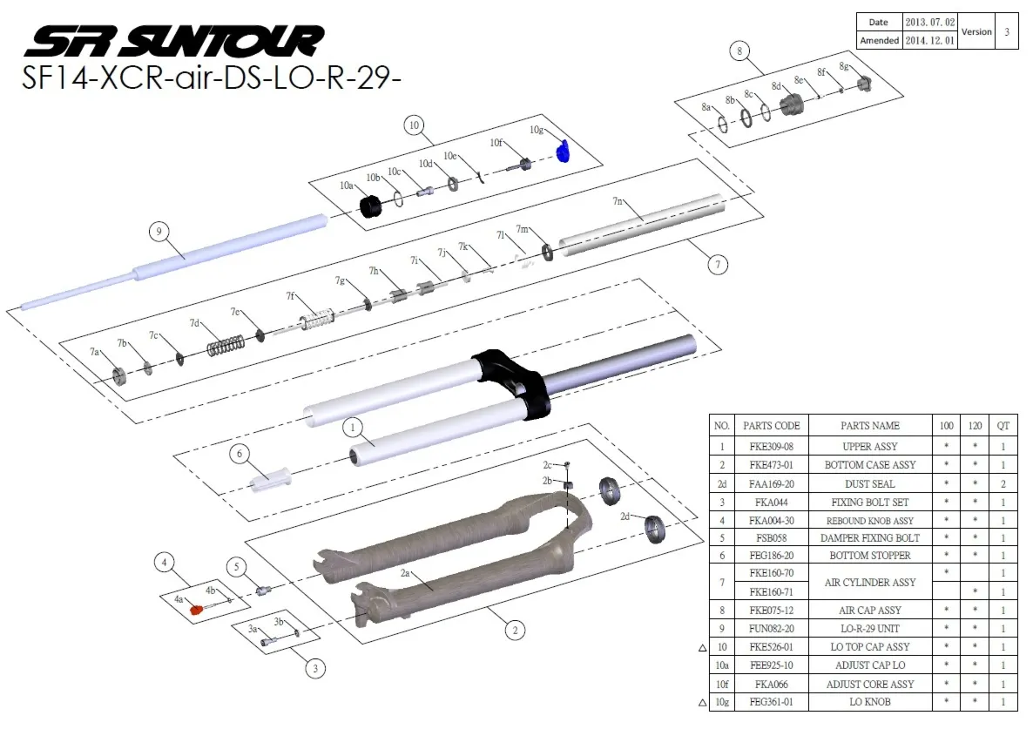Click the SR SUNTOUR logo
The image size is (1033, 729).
173,40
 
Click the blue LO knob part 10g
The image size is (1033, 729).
563,152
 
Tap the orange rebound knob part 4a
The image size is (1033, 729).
197,608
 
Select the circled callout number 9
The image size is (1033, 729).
158,232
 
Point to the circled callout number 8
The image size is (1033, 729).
739,51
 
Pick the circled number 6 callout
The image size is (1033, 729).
240,453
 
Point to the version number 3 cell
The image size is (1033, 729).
1006,31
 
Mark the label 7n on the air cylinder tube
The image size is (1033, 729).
618,202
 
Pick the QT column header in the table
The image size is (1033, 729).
1003,426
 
